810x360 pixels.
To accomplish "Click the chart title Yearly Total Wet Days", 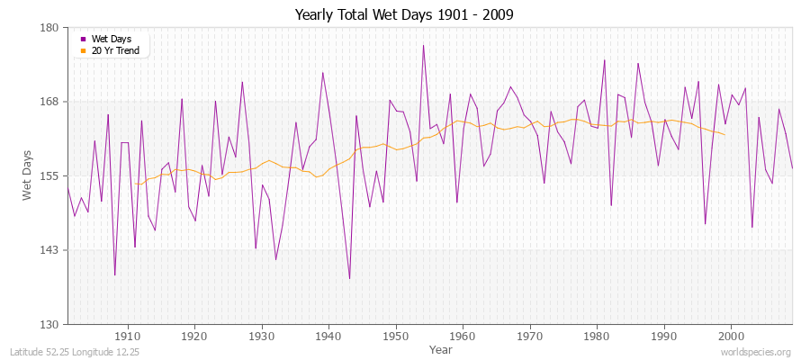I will coord(404,15).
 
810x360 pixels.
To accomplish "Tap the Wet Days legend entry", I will coord(111,39).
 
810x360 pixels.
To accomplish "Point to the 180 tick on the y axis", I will coord(49,28).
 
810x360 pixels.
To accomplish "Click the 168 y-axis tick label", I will coord(49,102).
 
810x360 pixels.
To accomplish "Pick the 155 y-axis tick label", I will coord(49,175).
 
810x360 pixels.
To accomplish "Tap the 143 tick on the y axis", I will coord(49,250).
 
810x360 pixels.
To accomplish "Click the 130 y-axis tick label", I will coord(49,324).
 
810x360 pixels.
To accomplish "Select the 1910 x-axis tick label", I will coord(128,336).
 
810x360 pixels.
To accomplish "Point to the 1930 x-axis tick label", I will coord(262,336).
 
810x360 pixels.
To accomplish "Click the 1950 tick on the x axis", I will coord(396,336).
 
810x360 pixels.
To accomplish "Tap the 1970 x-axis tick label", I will coord(530,336).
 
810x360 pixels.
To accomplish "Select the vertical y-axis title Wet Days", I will coord(28,175).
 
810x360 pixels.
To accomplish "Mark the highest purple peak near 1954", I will coord(423,45).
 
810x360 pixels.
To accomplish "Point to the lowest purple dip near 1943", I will coord(349,278).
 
